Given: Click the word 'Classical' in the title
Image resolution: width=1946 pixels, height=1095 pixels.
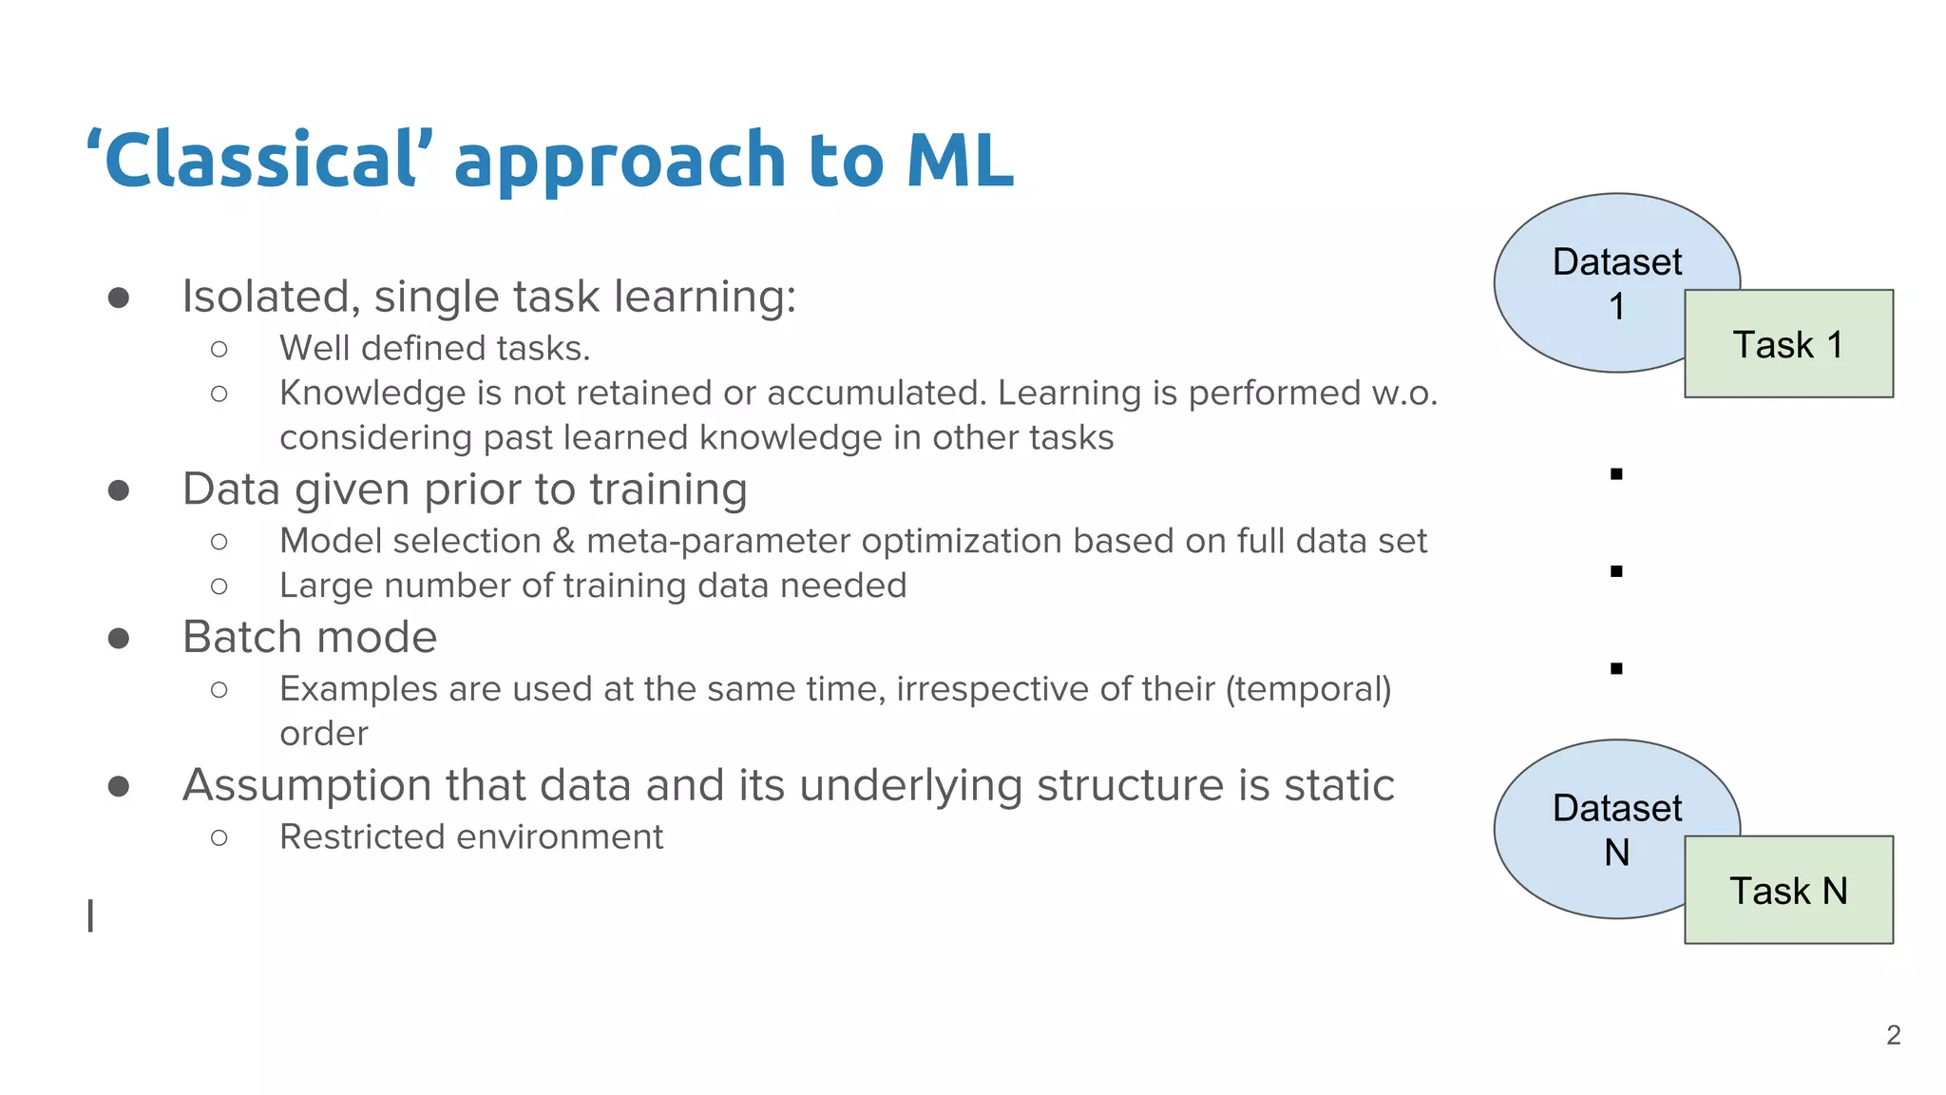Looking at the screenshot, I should coord(259,160).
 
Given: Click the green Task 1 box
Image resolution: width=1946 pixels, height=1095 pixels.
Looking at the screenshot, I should coord(1788,344).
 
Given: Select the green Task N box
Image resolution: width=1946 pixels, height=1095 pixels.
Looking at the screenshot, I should coord(1788,891).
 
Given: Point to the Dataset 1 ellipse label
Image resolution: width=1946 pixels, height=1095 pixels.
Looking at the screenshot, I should coord(1616,282).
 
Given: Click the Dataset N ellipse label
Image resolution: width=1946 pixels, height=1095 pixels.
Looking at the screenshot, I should coord(1616,829).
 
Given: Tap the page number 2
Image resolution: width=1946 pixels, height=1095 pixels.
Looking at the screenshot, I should coord(1893,1035).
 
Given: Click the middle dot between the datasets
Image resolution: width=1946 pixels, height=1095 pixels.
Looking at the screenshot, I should coord(1616,571).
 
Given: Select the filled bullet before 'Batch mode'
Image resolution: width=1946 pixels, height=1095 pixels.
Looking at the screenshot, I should coord(119,638).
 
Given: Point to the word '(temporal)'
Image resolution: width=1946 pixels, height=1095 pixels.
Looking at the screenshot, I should coord(1308,689).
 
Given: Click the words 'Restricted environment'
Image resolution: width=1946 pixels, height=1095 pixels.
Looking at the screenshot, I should coord(471,837).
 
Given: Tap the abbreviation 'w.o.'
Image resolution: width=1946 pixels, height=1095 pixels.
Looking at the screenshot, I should coord(1404,394).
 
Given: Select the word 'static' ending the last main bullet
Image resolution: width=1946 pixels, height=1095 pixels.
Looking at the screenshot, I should coord(1339,785).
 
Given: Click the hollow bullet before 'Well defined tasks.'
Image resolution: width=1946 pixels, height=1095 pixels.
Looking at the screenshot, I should coord(219,350).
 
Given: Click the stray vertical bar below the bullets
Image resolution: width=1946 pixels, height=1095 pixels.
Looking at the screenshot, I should coord(90,915).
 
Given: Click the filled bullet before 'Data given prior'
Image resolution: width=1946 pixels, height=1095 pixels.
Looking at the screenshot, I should coord(119,490).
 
